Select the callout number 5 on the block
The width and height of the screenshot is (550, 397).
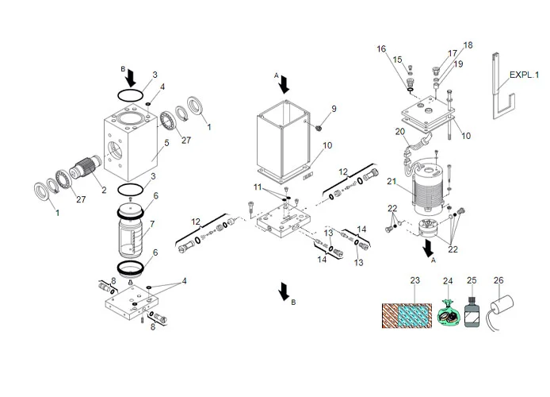coord(166,144)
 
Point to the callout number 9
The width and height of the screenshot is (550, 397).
coord(334,109)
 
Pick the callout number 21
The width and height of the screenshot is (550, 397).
coord(390,183)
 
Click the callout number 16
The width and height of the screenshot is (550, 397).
coord(382,49)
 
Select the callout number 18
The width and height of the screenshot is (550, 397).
coord(468,45)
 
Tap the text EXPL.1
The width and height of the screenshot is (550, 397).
coord(524,74)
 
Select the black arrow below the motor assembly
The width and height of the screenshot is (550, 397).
coord(430,249)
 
